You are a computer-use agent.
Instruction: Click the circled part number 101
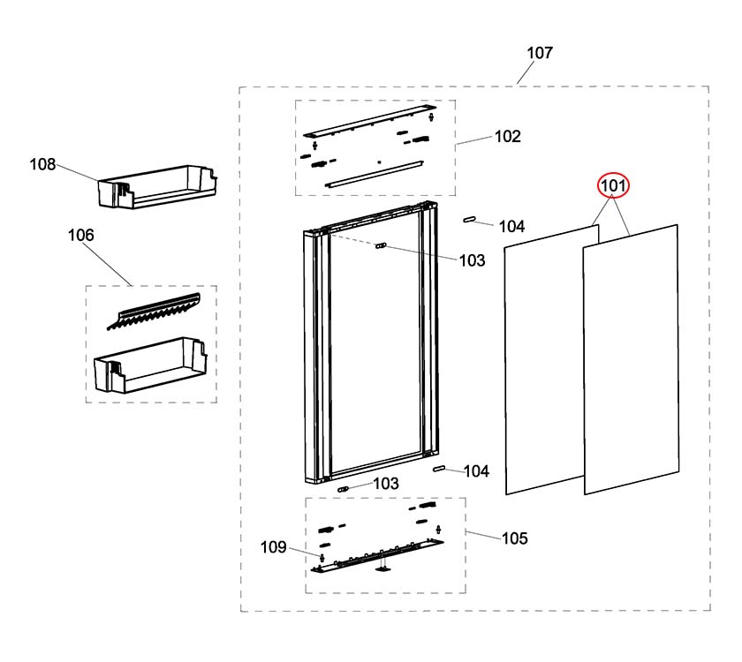pyautogui.click(x=613, y=186)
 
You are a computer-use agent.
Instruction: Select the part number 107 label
pyautogui.click(x=540, y=53)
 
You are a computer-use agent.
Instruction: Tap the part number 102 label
pyautogui.click(x=507, y=137)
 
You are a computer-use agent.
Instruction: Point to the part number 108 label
pyautogui.click(x=42, y=164)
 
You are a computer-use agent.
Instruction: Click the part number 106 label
pyautogui.click(x=81, y=236)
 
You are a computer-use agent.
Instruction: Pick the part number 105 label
pyautogui.click(x=514, y=538)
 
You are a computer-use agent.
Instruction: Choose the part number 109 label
pyautogui.click(x=273, y=547)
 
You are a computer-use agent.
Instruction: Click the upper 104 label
pyautogui.click(x=512, y=227)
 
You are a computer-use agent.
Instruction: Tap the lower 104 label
pyautogui.click(x=476, y=472)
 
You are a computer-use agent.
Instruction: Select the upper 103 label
pyautogui.click(x=472, y=260)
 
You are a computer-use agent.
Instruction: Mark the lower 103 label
pyautogui.click(x=385, y=484)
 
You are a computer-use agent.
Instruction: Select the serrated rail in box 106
pyautogui.click(x=155, y=308)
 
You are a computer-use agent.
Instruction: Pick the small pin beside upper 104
pyautogui.click(x=470, y=217)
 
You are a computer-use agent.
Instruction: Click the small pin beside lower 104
pyautogui.click(x=437, y=469)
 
